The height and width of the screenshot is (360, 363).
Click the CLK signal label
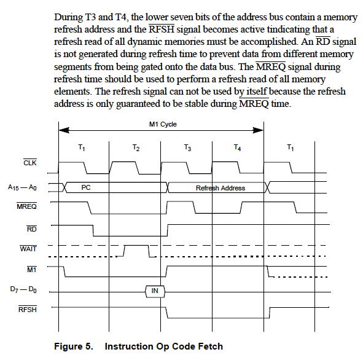pyautogui.click(x=30, y=163)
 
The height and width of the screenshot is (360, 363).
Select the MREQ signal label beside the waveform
pyautogui.click(x=26, y=206)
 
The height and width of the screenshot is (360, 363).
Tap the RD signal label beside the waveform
pyautogui.click(x=32, y=229)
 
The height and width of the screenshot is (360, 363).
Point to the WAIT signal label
pyautogui.click(x=28, y=248)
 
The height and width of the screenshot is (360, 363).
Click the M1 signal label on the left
pyautogui.click(x=32, y=269)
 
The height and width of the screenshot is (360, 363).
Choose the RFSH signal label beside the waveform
pyautogui.click(x=27, y=309)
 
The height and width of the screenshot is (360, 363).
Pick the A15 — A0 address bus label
pyautogui.click(x=22, y=187)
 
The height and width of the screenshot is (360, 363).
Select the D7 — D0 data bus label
pyautogui.click(x=23, y=289)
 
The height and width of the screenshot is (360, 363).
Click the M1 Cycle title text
pyautogui.click(x=163, y=124)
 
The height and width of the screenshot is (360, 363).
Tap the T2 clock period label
pyautogui.click(x=136, y=147)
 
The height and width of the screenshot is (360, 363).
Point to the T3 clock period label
pyautogui.click(x=187, y=147)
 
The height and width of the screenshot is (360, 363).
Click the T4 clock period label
pyautogui.click(x=237, y=147)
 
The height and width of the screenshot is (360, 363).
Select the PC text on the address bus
pyautogui.click(x=86, y=187)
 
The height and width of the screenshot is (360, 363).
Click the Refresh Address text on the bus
pyautogui.click(x=221, y=188)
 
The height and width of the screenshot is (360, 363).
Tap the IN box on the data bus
pyautogui.click(x=155, y=291)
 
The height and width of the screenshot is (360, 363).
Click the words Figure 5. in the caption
pyautogui.click(x=74, y=346)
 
